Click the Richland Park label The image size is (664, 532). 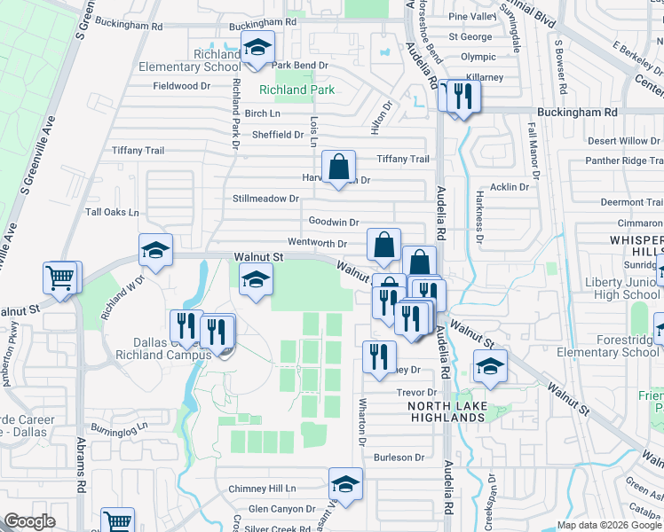296,90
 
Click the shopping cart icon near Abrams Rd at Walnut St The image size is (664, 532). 60,278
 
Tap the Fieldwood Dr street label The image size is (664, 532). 181,86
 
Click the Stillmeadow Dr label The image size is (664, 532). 265,199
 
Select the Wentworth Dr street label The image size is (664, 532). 317,243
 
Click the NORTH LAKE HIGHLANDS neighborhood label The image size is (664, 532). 447,411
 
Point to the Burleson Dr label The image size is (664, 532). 399,458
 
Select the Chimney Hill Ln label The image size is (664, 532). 262,489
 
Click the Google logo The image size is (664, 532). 29,522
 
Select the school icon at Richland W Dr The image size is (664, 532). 155,250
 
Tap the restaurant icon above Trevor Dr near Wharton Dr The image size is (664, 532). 379,356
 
